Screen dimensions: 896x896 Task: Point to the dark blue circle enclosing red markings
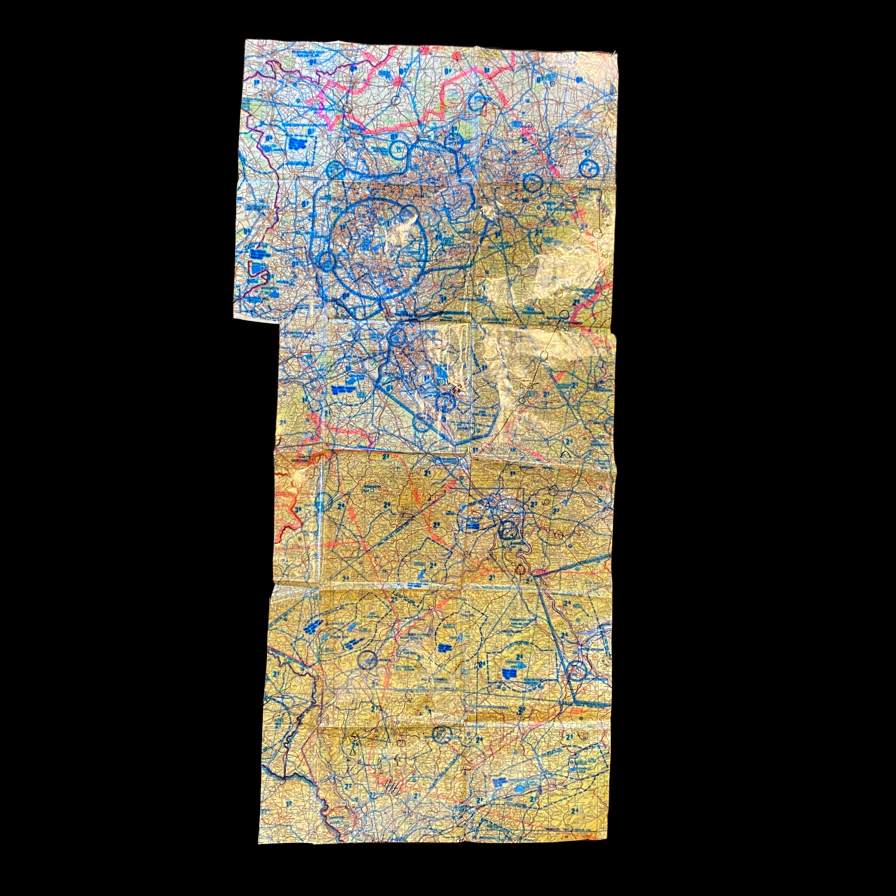[576, 670]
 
